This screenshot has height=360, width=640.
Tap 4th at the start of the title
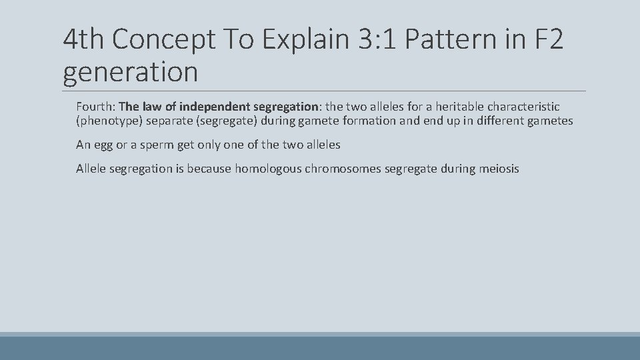tap(84, 41)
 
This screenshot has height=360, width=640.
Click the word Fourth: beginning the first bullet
tap(95, 107)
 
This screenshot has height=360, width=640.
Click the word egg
tap(103, 145)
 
